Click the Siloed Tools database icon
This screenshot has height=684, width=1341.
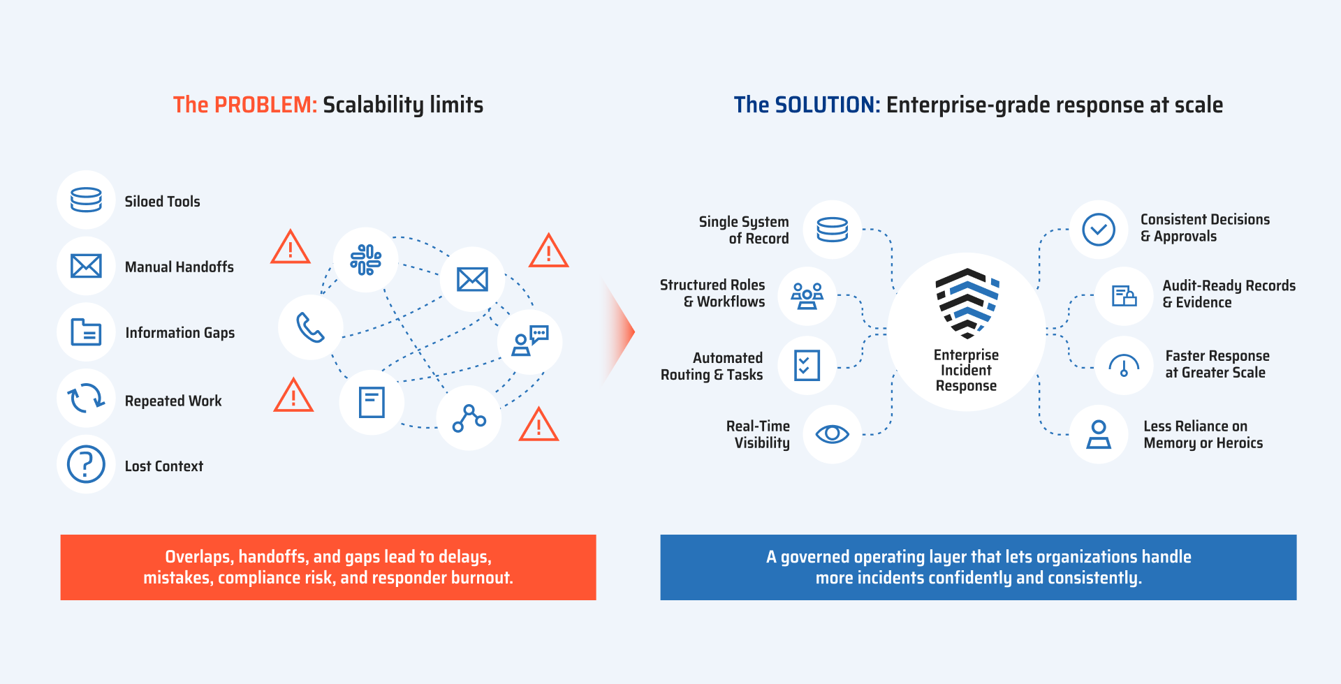coord(86,200)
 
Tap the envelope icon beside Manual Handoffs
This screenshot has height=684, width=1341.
coord(86,266)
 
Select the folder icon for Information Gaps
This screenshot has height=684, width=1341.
coord(86,332)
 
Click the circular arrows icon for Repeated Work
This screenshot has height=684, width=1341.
coord(86,399)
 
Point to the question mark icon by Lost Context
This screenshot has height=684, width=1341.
coord(86,464)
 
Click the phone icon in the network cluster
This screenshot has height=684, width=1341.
coord(310,327)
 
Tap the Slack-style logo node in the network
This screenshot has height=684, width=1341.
coord(365,260)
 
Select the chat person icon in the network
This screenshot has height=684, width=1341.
coord(530,341)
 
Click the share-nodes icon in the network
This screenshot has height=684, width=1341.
coord(469,418)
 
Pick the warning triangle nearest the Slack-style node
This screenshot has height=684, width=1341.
coord(291,247)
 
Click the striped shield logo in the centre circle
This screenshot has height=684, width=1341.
coord(967,303)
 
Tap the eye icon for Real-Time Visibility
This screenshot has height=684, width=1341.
coord(832,434)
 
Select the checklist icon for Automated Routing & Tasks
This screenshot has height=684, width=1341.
coord(807,365)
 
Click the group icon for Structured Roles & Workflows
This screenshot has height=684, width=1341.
coord(807,296)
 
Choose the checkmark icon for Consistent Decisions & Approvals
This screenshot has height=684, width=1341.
coord(1099,230)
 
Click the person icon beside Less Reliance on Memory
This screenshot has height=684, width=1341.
coord(1099,434)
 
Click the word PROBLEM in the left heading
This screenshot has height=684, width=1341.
coord(265,105)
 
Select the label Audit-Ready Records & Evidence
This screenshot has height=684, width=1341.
coord(1229,294)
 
